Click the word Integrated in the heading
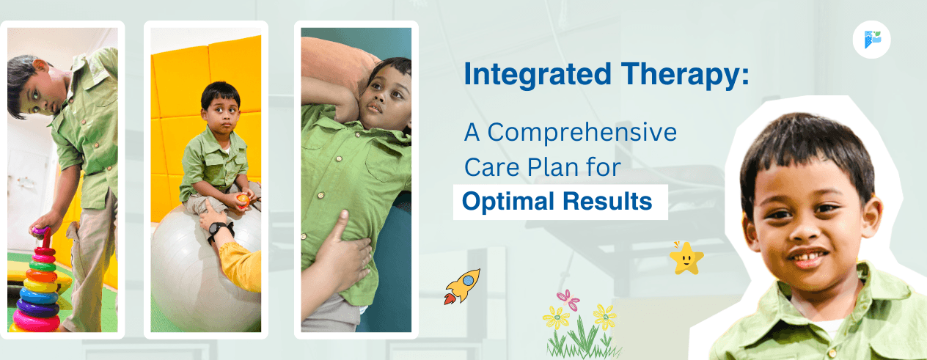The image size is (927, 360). coord(537,75)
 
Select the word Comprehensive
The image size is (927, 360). coord(582,133)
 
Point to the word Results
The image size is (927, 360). coord(607,202)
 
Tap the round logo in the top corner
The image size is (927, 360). coord(871,40)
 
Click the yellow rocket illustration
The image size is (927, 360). coord(463,286)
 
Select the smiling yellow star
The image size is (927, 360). coord(686,259)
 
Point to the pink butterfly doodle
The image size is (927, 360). coord(568,299)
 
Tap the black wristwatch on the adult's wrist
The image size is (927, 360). coord(219,231)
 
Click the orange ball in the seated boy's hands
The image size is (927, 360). coord(243,200)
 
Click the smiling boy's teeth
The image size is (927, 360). coord(808,256)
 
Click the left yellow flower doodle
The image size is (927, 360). coord(557,317)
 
